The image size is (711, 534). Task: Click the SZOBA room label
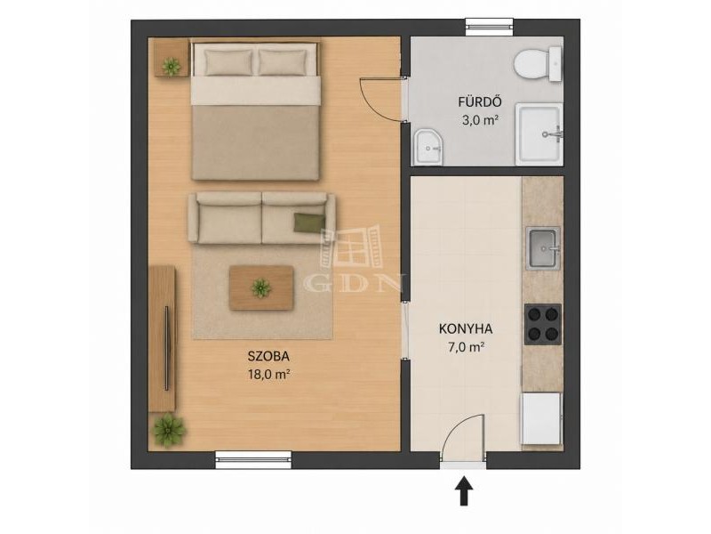268,357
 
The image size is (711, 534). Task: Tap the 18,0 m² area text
268,375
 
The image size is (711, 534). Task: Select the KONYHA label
466,328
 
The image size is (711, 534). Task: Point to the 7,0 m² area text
466,347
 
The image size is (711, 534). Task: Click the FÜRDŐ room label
479,102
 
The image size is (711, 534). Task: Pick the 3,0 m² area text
480,121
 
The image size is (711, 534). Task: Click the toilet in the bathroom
539,63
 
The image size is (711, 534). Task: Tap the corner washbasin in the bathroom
427,147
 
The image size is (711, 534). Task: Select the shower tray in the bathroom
539,134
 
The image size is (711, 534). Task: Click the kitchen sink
543,248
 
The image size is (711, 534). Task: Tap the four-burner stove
543,324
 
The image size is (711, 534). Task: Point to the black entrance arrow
463,490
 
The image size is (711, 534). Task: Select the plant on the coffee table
261,287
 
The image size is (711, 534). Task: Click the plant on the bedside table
172,67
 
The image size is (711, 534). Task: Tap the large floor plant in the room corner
169,430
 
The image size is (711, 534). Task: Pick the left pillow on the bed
228,62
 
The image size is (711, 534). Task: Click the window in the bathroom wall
490,27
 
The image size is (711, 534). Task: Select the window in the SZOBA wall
253,459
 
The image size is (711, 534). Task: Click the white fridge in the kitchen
541,418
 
